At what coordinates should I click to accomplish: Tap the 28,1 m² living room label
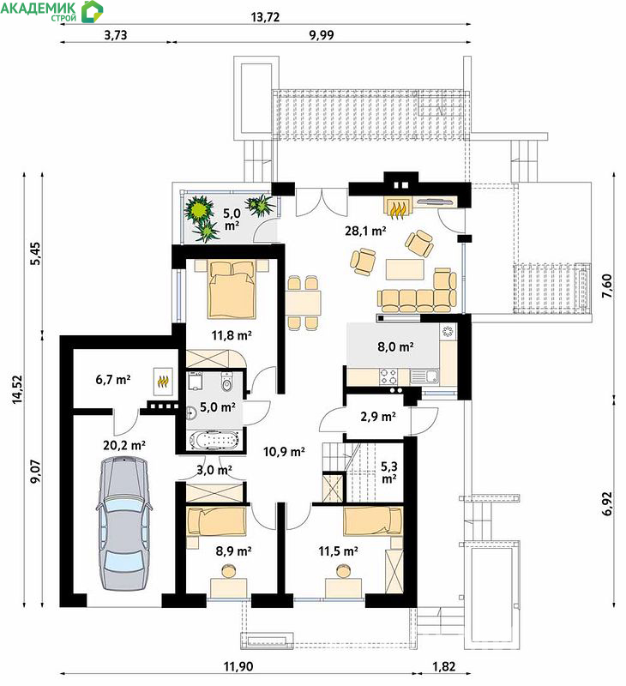click(365, 231)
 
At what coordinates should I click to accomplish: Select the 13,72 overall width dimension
click(265, 17)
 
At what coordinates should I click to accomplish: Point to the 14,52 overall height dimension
click(17, 389)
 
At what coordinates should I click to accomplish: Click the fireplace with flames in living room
click(396, 206)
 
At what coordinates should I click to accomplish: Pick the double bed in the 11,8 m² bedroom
click(232, 289)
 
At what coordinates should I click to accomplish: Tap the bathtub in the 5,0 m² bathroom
click(214, 440)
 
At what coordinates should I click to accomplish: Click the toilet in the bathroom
click(226, 382)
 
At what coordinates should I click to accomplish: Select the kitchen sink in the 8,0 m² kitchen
click(424, 377)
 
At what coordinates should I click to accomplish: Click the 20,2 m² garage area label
click(124, 445)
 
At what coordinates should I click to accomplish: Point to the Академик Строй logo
click(51, 11)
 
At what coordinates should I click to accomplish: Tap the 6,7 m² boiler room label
click(113, 379)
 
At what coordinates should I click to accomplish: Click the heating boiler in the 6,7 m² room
click(163, 381)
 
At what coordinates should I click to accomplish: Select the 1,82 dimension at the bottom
click(444, 666)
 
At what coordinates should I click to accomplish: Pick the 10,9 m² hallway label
click(284, 452)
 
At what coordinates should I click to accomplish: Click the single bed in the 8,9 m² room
click(216, 521)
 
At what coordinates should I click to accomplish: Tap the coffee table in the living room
click(405, 269)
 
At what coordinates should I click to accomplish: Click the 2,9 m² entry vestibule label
click(378, 417)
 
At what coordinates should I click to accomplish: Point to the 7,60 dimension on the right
click(607, 286)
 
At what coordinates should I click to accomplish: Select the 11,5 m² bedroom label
click(338, 551)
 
